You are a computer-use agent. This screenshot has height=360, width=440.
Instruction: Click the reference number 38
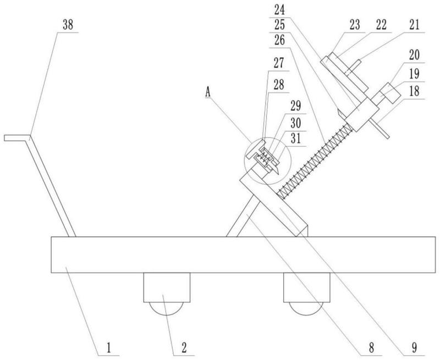[68, 25]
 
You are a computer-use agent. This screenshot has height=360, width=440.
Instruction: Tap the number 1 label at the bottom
[108, 348]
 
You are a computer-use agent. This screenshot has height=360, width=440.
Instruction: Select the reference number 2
[184, 348]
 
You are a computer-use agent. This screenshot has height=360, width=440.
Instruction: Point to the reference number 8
[371, 348]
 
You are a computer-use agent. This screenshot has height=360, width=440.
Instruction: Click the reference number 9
[414, 348]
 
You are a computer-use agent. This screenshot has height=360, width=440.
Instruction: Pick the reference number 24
[279, 10]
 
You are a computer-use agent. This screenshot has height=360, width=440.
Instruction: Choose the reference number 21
[414, 25]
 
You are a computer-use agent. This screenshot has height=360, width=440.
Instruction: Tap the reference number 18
[414, 91]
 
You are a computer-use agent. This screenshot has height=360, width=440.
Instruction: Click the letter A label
[208, 92]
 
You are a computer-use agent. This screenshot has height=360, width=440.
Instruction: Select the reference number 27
[279, 63]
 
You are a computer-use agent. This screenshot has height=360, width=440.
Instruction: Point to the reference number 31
[296, 139]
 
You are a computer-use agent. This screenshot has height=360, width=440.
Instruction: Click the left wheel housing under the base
[167, 287]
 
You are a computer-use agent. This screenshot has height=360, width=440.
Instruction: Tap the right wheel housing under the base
[307, 287]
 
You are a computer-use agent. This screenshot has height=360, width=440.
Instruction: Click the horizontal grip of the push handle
[17, 137]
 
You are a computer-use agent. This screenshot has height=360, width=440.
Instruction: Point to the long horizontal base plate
[243, 254]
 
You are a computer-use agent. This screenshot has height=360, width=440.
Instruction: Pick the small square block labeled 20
[391, 93]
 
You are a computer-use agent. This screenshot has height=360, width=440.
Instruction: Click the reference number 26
[279, 40]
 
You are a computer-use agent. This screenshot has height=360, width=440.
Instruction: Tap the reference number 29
[296, 106]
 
